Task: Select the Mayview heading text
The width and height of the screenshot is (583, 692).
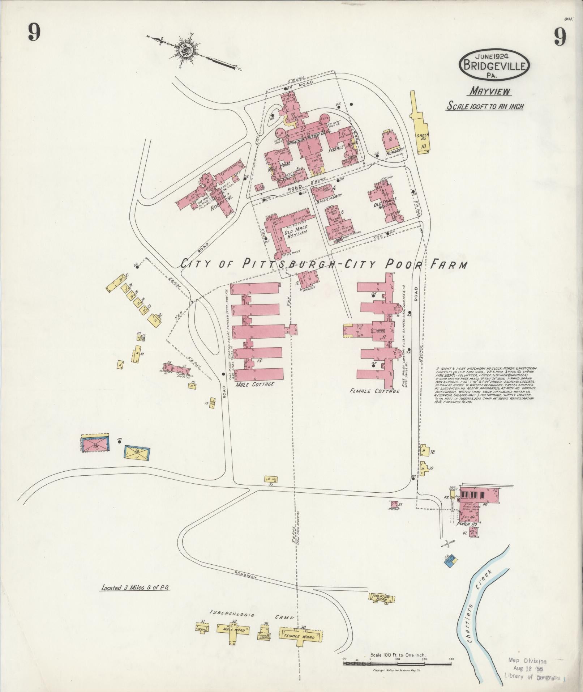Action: click(490, 91)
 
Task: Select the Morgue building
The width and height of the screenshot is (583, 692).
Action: click(394, 504)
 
